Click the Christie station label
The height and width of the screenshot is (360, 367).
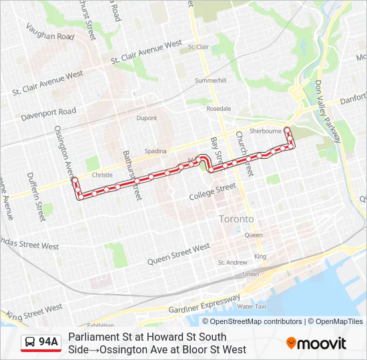coord(102,175)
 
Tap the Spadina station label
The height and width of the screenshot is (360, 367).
coord(155,151)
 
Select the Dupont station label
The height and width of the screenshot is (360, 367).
coord(147,118)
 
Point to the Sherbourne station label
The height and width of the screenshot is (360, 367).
coord(266,131)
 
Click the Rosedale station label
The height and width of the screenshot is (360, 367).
coord(219,108)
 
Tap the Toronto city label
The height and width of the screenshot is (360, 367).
coord(236,219)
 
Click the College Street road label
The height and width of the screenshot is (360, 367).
coord(212,192)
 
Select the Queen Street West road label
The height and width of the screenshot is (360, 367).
coord(179,254)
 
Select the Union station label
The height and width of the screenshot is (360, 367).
coord(250,274)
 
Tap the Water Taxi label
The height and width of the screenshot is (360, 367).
coord(252,307)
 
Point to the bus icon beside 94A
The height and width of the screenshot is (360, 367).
coord(30,343)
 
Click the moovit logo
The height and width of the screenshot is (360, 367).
coord(316,343)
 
